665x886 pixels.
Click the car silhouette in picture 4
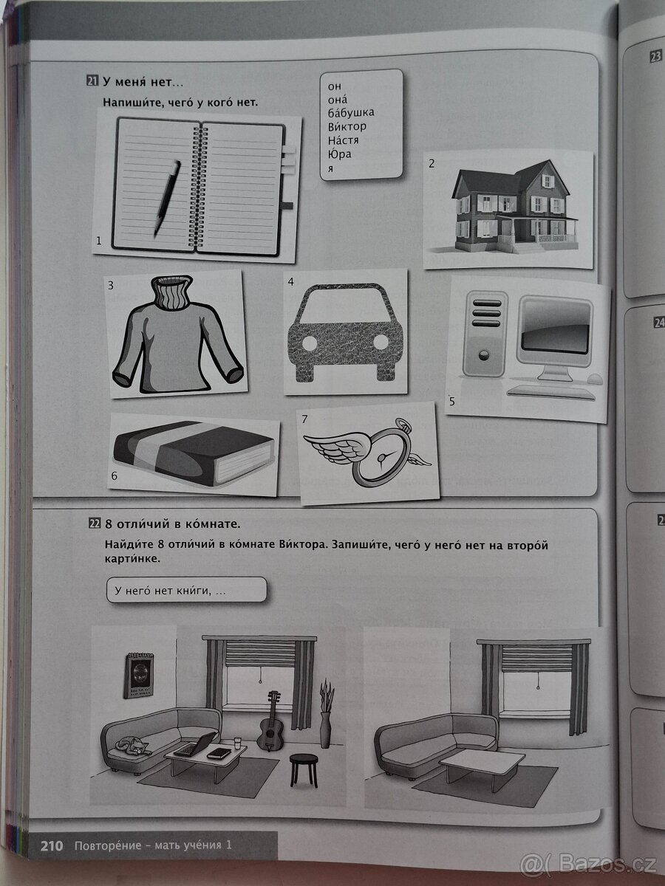[345, 334]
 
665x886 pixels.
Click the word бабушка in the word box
[351, 112]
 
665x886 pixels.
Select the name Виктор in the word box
[347, 126]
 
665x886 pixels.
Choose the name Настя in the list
[345, 140]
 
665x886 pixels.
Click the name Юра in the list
[340, 154]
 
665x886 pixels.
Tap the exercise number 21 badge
[92, 82]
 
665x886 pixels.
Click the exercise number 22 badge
[94, 525]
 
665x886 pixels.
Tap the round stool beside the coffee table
[301, 769]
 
